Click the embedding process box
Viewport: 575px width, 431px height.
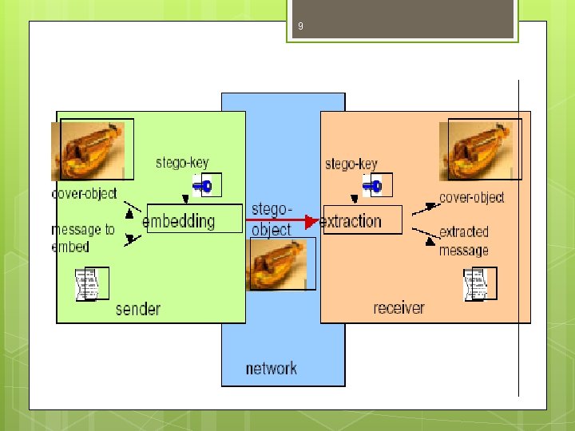click(193, 219)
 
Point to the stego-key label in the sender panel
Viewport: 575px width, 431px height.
click(182, 163)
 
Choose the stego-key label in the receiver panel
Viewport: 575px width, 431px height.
click(351, 164)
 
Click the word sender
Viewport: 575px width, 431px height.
click(138, 309)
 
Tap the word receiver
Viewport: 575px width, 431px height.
click(399, 307)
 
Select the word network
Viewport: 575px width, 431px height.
click(271, 368)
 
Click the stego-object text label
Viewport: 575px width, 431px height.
click(272, 219)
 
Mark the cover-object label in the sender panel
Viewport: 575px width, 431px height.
click(84, 193)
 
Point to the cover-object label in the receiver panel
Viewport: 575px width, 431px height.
click(471, 197)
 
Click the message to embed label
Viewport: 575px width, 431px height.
click(83, 238)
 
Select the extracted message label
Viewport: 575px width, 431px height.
click(464, 241)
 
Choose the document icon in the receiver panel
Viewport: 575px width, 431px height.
click(479, 284)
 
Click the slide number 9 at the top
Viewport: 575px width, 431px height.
click(300, 27)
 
